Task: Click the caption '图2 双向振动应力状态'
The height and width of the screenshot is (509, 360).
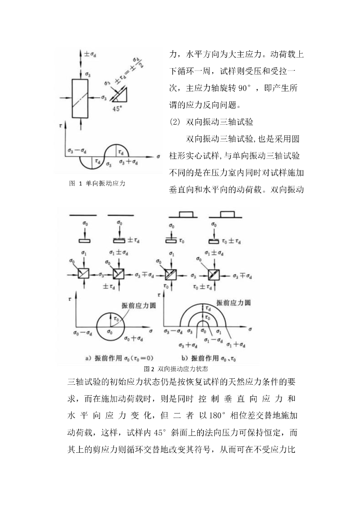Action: [x=176, y=369]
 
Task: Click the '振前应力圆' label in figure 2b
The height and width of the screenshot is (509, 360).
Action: [x=233, y=302]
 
